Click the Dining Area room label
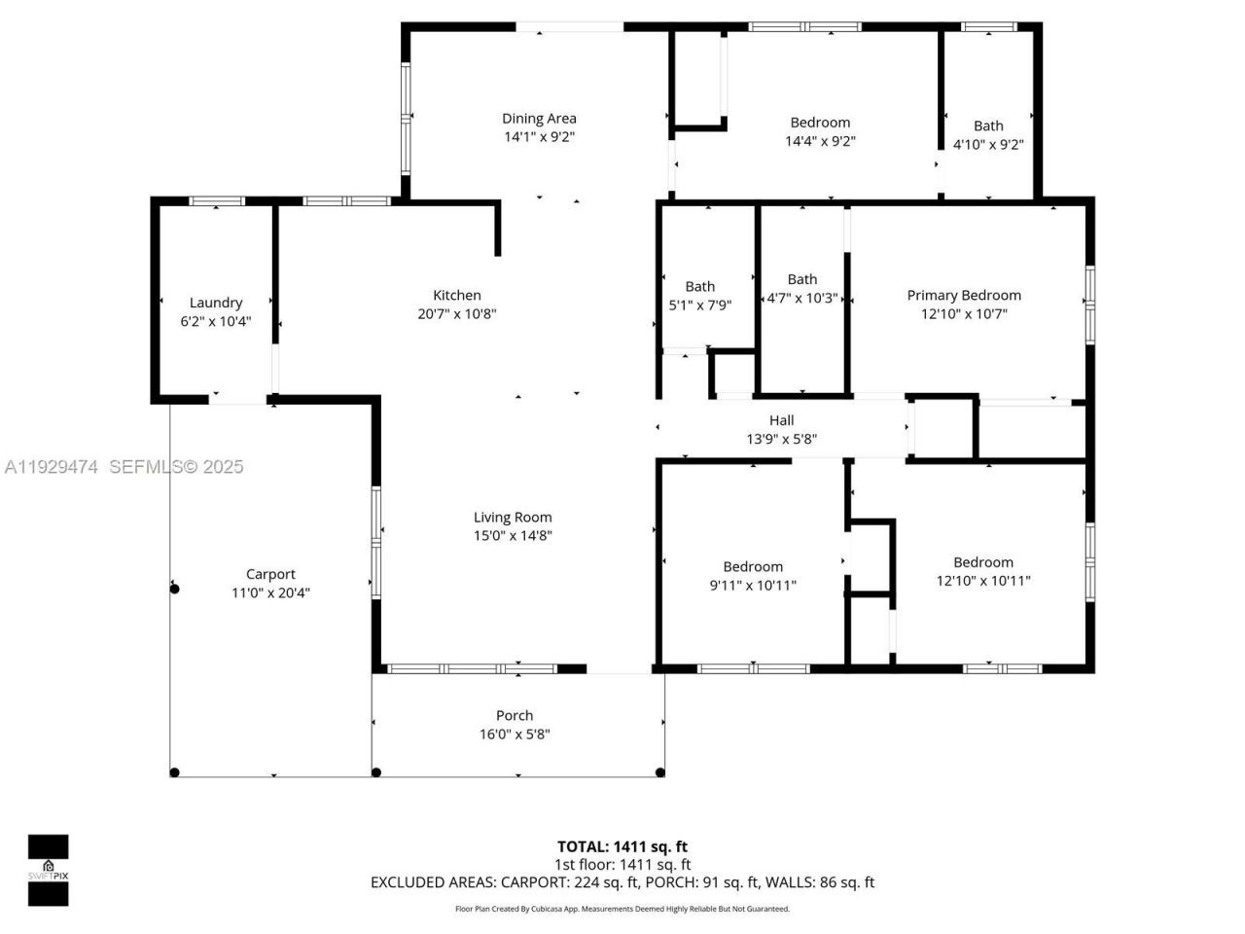[x=539, y=119]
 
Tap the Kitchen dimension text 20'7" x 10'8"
[x=457, y=313]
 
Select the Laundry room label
[x=216, y=303]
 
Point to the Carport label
[x=270, y=574]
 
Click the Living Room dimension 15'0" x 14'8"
[x=513, y=535]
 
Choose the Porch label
[x=515, y=715]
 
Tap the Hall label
[x=781, y=420]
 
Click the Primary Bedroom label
[x=964, y=295]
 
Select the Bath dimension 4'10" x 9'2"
[x=988, y=144]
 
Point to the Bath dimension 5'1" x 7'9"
[x=699, y=305]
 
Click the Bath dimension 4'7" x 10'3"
[x=802, y=298]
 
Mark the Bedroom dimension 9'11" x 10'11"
[x=753, y=585]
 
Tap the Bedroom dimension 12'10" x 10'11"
[x=983, y=581]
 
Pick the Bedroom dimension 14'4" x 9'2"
[x=820, y=141]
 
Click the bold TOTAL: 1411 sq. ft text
[x=622, y=846]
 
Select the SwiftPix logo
[x=48, y=870]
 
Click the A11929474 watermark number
[x=51, y=467]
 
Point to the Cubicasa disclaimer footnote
[x=622, y=909]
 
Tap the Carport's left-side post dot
[x=175, y=589]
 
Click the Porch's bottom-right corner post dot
[x=660, y=772]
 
